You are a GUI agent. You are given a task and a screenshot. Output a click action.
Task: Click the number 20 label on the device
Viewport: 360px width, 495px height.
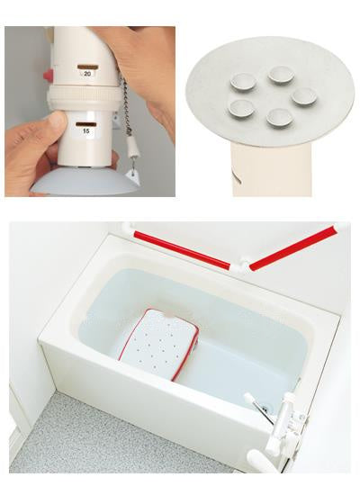[87, 74]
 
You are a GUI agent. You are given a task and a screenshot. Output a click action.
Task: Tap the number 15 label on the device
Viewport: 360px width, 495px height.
[85, 130]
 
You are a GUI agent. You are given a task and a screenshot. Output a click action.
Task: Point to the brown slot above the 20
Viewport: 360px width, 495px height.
[88, 67]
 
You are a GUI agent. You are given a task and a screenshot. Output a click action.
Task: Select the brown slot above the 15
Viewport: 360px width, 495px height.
[85, 124]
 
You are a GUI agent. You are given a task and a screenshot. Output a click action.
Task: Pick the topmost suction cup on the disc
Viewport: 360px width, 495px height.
[281, 76]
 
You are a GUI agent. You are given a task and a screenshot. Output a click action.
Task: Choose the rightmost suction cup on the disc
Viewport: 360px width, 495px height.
[304, 96]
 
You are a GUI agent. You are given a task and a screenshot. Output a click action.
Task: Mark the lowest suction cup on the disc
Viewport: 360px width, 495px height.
[279, 117]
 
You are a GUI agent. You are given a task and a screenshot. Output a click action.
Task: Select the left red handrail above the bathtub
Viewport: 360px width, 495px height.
[182, 250]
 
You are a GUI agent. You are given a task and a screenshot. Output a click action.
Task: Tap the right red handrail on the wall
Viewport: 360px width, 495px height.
[293, 247]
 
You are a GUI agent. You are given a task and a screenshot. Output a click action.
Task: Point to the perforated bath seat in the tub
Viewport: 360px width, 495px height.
[158, 343]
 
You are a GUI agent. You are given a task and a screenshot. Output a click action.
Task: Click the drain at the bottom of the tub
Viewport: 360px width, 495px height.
[264, 409]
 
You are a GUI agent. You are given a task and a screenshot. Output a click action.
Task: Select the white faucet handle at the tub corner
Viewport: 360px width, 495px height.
[259, 457]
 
